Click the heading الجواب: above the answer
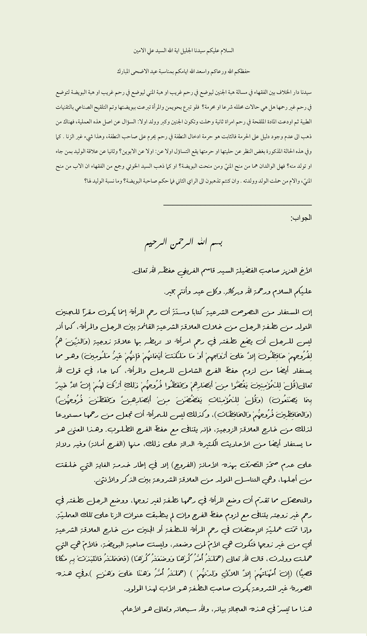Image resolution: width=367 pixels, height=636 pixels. coord(301,218)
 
